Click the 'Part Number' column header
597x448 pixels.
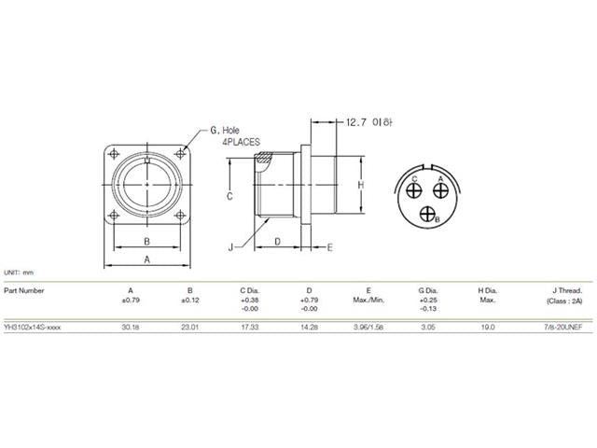[x=24, y=289]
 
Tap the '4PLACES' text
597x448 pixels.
[x=240, y=143]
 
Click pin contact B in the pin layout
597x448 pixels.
[x=429, y=214]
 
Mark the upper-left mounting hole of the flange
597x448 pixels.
[x=116, y=155]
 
